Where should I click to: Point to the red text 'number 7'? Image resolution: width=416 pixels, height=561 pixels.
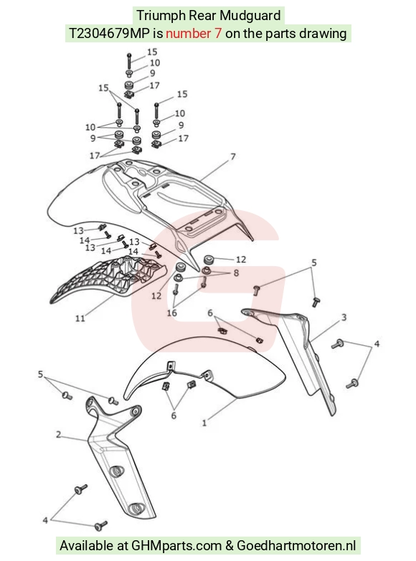click(x=194, y=34)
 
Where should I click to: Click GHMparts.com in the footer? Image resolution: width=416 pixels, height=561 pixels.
click(x=176, y=546)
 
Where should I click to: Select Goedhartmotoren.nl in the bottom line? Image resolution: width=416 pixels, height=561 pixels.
click(x=296, y=546)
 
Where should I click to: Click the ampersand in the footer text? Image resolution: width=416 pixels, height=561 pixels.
click(x=230, y=546)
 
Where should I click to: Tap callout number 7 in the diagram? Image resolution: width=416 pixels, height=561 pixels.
click(x=233, y=156)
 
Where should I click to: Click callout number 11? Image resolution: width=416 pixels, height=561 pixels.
click(x=80, y=318)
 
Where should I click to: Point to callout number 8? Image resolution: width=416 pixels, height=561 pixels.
click(x=236, y=273)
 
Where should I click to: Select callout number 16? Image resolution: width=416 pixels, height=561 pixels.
click(x=171, y=313)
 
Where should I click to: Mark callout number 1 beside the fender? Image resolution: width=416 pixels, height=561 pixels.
click(x=204, y=423)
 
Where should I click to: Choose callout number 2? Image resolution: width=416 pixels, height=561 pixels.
click(x=59, y=434)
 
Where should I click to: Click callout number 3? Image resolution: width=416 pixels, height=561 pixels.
click(x=344, y=317)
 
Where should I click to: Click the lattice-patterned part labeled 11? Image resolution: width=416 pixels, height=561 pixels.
click(x=108, y=278)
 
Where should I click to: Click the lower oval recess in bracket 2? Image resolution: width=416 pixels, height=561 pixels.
click(x=136, y=507)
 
